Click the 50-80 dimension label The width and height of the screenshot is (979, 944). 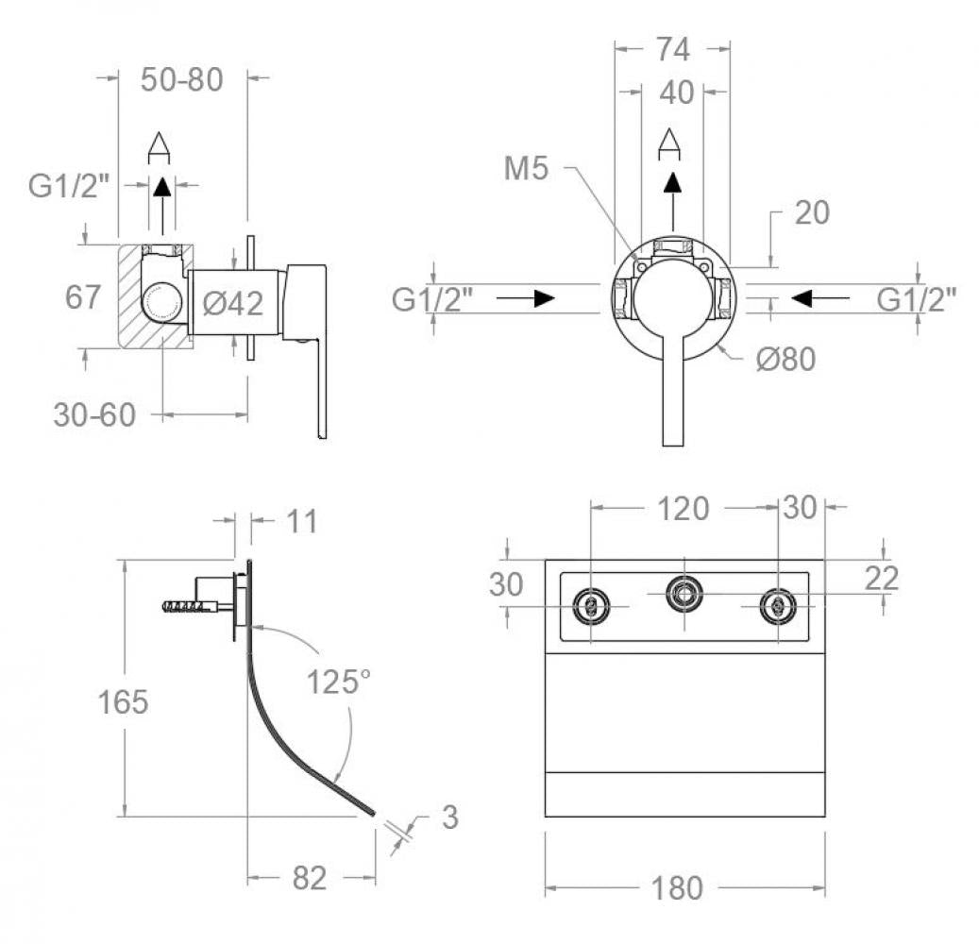point(182,80)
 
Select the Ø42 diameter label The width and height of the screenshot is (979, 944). point(233,303)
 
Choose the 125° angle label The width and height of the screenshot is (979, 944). point(337,682)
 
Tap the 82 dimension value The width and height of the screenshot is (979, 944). point(309,879)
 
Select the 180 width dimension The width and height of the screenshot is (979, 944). point(676,888)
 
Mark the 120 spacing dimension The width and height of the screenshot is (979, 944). point(683,509)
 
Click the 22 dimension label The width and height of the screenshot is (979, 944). point(880,578)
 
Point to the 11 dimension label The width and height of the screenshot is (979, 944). point(301,521)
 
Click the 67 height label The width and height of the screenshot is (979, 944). point(83,297)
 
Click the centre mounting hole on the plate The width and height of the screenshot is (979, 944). point(684,593)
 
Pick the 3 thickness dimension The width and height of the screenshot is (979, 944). point(449,818)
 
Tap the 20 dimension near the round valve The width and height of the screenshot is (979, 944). point(811,213)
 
